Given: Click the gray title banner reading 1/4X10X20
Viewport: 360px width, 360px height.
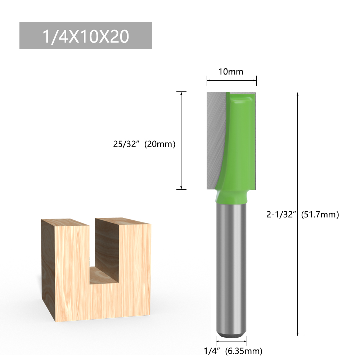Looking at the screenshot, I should pyautogui.click(x=86, y=36).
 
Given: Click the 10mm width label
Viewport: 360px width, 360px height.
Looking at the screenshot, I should pyautogui.click(x=231, y=72).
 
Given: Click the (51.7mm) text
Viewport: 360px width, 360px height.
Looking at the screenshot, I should pyautogui.click(x=320, y=215).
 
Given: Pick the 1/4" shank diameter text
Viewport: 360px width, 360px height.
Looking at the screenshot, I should pyautogui.click(x=212, y=350).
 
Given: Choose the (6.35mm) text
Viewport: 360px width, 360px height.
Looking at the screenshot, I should pyautogui.click(x=243, y=350).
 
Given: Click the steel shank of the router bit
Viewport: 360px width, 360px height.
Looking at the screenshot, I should pyautogui.click(x=231, y=270).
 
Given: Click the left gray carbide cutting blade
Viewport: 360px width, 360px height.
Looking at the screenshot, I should pyautogui.click(x=215, y=140).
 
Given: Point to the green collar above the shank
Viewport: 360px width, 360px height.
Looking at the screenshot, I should pyautogui.click(x=231, y=197).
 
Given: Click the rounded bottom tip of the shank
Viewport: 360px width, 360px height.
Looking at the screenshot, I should pyautogui.click(x=231, y=333).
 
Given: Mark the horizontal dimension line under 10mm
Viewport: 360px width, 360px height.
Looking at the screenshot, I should pyautogui.click(x=231, y=80).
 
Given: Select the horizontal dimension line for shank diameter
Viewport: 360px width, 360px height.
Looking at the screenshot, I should pyautogui.click(x=231, y=340).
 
